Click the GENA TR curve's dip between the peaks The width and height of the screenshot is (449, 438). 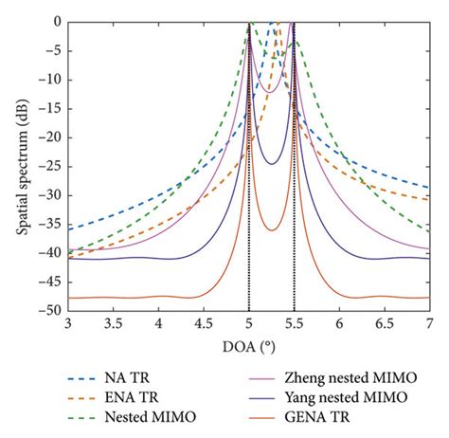[x=272, y=230]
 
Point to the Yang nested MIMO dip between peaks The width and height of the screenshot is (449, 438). [x=272, y=164]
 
